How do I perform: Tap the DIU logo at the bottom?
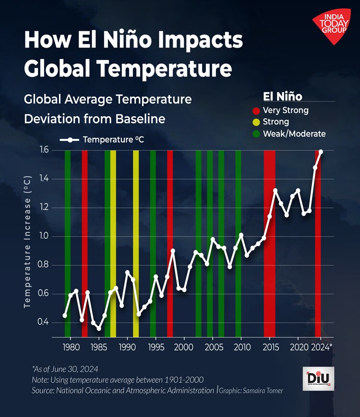(x=319, y=379)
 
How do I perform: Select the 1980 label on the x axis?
(x=71, y=347)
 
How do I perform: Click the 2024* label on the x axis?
(x=323, y=347)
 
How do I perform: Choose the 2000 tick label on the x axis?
(x=184, y=347)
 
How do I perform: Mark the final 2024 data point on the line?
(x=321, y=152)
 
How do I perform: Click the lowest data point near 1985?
(x=99, y=328)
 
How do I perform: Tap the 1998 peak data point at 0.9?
(x=173, y=251)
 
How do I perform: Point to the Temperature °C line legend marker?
(x=70, y=140)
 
